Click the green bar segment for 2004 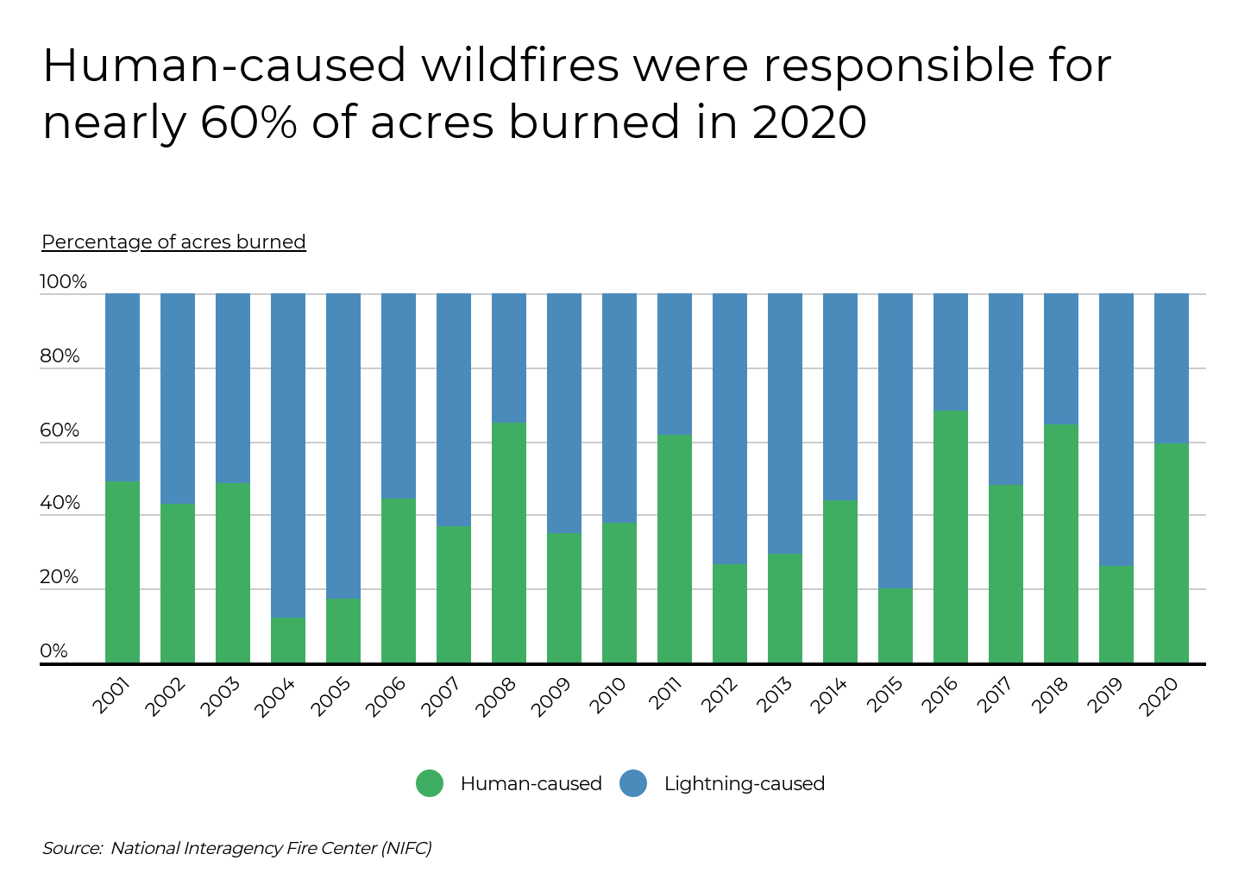pyautogui.click(x=288, y=640)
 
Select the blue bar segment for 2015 pyautogui.click(x=896, y=440)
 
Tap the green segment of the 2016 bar pyautogui.click(x=951, y=537)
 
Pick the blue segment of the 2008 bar pyautogui.click(x=509, y=357)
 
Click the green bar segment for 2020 pyautogui.click(x=1172, y=553)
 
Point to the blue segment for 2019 pyautogui.click(x=1116, y=429)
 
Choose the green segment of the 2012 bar pyautogui.click(x=730, y=613)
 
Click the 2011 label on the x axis pyautogui.click(x=665, y=694)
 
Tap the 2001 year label pyautogui.click(x=112, y=695)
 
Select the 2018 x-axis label pyautogui.click(x=1051, y=695)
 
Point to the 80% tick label pyautogui.click(x=60, y=356)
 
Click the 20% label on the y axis pyautogui.click(x=60, y=577)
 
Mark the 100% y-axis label pyautogui.click(x=63, y=282)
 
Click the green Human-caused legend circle pyautogui.click(x=430, y=783)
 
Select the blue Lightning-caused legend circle pyautogui.click(x=633, y=783)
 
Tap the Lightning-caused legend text pyautogui.click(x=744, y=783)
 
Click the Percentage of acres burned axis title pyautogui.click(x=173, y=242)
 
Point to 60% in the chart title pyautogui.click(x=248, y=122)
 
